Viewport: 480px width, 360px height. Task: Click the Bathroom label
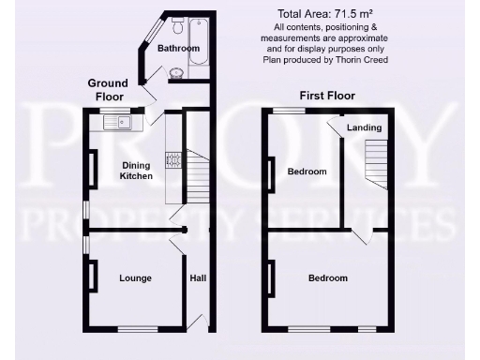[178, 48]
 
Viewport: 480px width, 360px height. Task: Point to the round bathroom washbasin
[177, 71]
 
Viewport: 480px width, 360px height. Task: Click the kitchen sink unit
[116, 120]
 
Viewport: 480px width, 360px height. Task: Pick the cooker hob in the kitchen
[172, 159]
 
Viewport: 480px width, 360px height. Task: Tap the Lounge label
[136, 278]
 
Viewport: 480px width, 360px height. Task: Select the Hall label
[198, 278]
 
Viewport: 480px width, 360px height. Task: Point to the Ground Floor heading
[107, 89]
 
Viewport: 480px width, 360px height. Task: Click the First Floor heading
[325, 96]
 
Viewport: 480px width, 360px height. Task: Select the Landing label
[364, 127]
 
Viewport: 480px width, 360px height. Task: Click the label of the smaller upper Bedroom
[307, 172]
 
